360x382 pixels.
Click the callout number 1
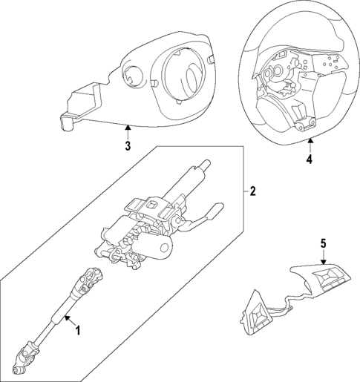pos(78,330)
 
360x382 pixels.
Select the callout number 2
pos(252,191)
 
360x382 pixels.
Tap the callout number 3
pos(127,146)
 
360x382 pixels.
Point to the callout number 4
pos(310,158)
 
